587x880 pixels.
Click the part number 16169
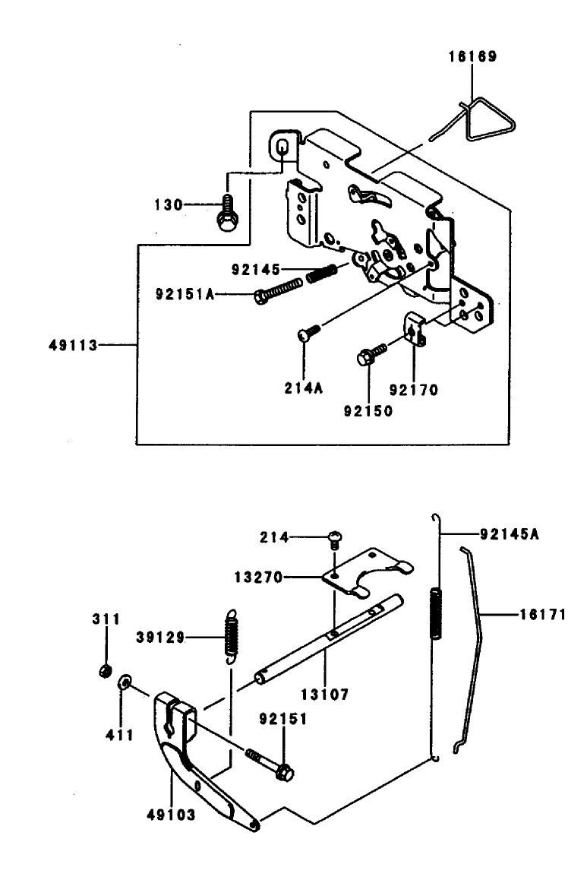[x=472, y=56]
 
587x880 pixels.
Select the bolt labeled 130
[x=226, y=212]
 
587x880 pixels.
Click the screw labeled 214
[x=333, y=538]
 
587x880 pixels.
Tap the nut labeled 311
[x=106, y=669]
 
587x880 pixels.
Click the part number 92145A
[x=510, y=533]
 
